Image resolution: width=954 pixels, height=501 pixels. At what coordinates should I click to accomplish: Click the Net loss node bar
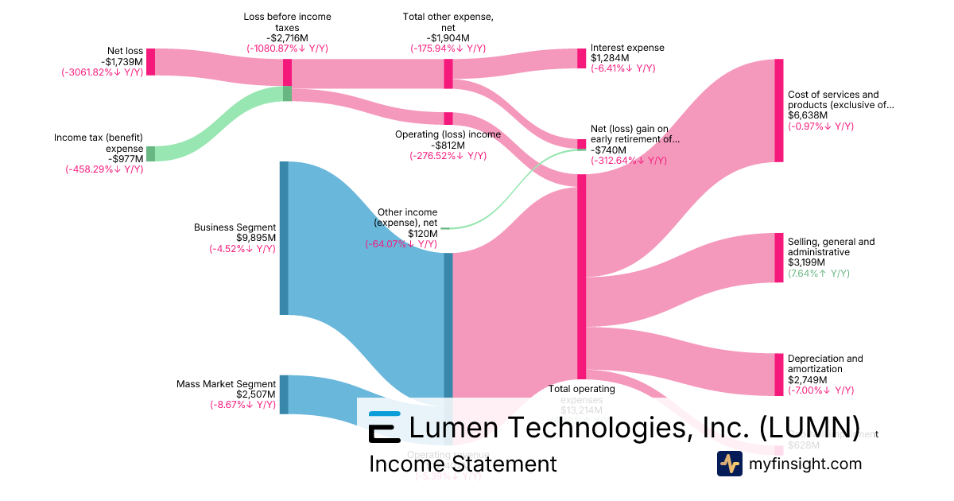coord(150,62)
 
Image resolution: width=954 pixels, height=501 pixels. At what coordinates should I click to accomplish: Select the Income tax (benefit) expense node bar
coord(150,153)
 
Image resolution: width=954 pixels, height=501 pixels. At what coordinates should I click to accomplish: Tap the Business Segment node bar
coord(284,238)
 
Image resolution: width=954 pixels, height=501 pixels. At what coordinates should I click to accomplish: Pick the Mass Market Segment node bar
coord(284,394)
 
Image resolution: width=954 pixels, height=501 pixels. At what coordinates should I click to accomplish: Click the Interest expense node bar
coord(581,58)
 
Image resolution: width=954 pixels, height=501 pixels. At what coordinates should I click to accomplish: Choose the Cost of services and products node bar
coord(778,111)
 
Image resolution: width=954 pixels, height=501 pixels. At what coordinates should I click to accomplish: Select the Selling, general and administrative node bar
coord(778,258)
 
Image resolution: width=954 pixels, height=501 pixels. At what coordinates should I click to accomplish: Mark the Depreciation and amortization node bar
coord(778,375)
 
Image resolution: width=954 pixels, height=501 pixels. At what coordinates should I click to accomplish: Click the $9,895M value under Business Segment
coord(255,238)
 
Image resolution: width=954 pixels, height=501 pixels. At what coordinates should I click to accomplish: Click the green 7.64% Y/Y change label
coord(818,274)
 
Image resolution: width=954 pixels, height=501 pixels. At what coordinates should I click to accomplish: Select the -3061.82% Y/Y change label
coord(103,72)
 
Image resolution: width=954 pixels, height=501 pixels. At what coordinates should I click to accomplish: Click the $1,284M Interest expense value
coord(610,58)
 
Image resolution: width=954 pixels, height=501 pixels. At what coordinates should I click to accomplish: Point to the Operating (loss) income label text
coord(448,134)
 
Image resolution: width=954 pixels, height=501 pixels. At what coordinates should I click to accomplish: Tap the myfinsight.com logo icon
coord(729,464)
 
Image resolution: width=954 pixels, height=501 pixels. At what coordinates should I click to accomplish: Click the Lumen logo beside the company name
coord(384,427)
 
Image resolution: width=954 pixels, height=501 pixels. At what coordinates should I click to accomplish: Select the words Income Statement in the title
coord(463,464)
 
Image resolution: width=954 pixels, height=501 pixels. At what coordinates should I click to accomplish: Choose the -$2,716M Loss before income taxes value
coord(287,37)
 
